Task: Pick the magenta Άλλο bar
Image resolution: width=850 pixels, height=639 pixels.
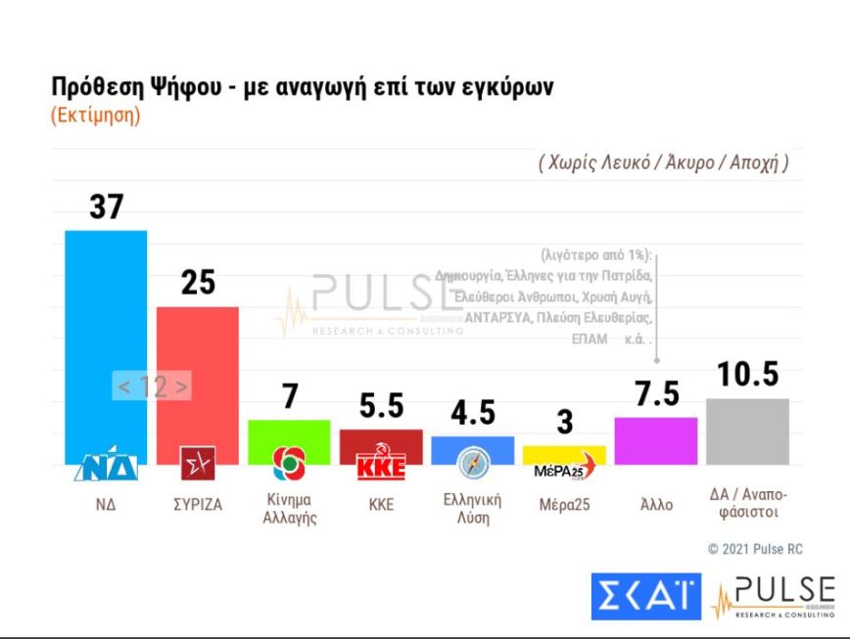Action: pyautogui.click(x=656, y=440)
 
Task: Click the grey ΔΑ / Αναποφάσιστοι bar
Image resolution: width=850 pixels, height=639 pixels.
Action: pyautogui.click(x=747, y=431)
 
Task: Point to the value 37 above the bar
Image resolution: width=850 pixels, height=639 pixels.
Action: pyautogui.click(x=106, y=206)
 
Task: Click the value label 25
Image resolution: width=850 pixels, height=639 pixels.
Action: pyautogui.click(x=198, y=283)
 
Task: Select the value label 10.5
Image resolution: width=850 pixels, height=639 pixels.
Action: pyautogui.click(x=747, y=374)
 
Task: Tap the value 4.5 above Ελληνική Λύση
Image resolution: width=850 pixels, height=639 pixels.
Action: pyautogui.click(x=472, y=413)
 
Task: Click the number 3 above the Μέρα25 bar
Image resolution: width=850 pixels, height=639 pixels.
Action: pyautogui.click(x=564, y=423)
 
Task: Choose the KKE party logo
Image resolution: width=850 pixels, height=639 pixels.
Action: pyautogui.click(x=380, y=463)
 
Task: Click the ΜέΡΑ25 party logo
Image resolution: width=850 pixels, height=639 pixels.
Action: pyautogui.click(x=565, y=467)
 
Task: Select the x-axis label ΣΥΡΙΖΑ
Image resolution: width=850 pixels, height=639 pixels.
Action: pyautogui.click(x=197, y=505)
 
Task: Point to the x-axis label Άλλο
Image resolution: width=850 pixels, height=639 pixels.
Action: pyautogui.click(x=655, y=505)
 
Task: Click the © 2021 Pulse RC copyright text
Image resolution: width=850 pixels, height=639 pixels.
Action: pyautogui.click(x=755, y=549)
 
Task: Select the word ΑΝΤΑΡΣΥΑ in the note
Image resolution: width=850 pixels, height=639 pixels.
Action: pyautogui.click(x=501, y=318)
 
